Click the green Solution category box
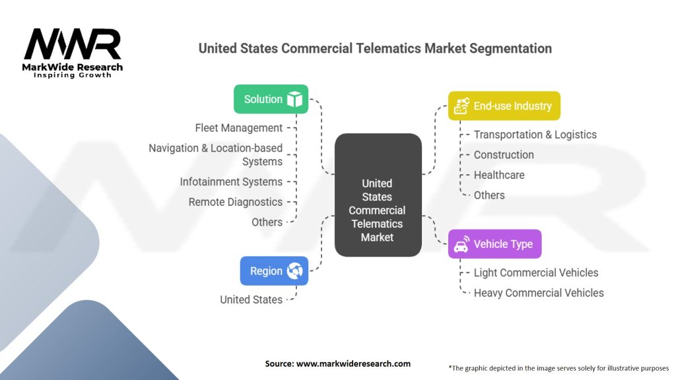coord(271,99)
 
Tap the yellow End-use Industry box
coord(504,106)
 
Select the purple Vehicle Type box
coord(494,244)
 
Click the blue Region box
coord(274,270)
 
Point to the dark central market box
coord(378,195)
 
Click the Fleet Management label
coord(238,128)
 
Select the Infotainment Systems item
coord(231,181)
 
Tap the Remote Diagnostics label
coord(235,202)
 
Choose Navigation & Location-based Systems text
coord(215,155)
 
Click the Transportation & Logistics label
coord(535,135)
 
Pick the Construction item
coord(504,155)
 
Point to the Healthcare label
coord(499,175)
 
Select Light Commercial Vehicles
coord(536,272)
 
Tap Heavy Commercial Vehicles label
coord(539,293)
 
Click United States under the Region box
coord(251,300)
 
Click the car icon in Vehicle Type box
coord(461,244)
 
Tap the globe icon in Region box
coord(294,270)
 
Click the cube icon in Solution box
coord(294,99)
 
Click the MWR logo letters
coord(73,45)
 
